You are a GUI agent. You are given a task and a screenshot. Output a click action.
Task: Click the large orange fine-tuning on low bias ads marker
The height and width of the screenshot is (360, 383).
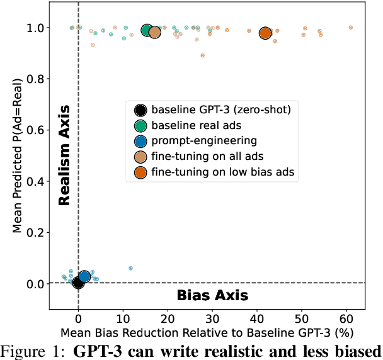[265, 33]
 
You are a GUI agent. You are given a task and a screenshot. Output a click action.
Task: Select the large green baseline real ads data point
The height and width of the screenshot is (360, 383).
[147, 31]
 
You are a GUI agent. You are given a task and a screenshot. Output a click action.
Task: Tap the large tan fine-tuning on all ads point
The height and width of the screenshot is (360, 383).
[154, 33]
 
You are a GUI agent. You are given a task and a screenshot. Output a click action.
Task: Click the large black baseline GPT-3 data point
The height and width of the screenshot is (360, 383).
[78, 283]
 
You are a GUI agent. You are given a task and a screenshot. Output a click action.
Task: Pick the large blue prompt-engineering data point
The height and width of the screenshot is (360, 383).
[84, 276]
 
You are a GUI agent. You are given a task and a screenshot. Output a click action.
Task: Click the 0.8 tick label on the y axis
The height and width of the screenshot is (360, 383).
[35, 79]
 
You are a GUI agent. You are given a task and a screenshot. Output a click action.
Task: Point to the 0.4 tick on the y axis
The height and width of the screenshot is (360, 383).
[35, 181]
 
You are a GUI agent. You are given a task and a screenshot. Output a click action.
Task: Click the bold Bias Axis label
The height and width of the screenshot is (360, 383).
[212, 295]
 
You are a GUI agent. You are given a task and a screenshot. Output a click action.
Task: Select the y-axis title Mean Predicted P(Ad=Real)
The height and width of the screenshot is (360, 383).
[17, 154]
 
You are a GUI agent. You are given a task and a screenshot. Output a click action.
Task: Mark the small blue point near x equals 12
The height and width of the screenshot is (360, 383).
[130, 268]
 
